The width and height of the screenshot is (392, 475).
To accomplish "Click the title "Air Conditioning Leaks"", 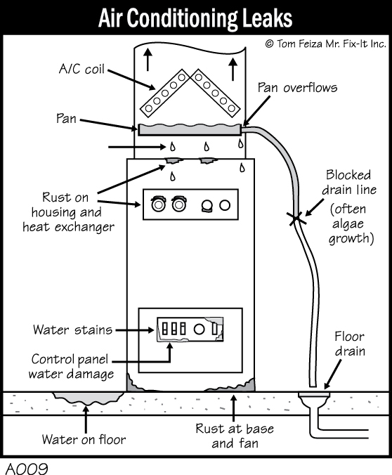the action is (195, 18).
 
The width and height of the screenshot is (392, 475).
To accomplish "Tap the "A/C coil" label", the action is (81, 69).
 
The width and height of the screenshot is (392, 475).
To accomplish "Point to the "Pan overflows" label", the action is (297, 88).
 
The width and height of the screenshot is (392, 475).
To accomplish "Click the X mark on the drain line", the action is (296, 218).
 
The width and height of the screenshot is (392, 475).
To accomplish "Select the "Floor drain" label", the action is (350, 344).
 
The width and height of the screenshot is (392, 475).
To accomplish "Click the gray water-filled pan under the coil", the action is (190, 129).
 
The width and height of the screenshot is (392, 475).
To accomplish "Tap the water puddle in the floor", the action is (88, 398).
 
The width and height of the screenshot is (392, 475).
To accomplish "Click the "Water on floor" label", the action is (84, 439).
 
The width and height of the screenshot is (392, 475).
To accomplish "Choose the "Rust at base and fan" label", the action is (235, 436).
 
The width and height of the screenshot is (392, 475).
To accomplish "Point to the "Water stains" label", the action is (72, 330).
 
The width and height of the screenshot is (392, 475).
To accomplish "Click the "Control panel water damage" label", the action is (71, 367).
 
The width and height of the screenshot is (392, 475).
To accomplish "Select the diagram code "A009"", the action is (27, 468).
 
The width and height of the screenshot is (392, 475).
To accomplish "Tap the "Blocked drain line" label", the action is (349, 183).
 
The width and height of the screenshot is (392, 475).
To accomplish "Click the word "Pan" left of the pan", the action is (66, 119).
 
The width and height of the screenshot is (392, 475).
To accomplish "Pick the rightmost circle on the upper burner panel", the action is (225, 205).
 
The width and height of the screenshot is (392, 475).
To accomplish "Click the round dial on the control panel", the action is (199, 329).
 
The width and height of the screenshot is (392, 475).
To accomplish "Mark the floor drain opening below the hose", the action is (314, 394).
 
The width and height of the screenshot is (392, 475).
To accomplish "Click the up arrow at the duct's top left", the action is (148, 60).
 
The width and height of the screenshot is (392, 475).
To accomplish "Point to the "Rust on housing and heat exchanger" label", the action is (68, 212).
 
